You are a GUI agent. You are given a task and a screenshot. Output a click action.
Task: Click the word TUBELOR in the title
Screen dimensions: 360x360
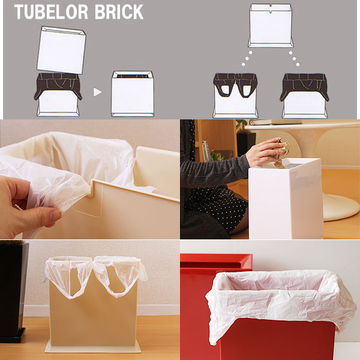click(51, 12)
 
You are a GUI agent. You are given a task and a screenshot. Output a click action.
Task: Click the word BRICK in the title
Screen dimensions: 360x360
click(119, 12)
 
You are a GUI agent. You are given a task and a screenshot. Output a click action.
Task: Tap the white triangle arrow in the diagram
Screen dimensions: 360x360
click(97, 92)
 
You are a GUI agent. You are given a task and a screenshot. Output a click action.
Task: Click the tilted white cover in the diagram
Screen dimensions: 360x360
click(61, 50)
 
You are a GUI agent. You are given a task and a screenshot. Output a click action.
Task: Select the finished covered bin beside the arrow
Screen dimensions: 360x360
click(133, 94)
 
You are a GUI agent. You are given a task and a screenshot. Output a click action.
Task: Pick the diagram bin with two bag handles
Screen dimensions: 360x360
click(235, 96)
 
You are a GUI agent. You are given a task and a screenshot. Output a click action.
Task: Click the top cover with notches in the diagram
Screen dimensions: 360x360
click(271, 25)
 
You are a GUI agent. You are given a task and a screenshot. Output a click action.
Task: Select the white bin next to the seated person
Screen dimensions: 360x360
click(286, 199)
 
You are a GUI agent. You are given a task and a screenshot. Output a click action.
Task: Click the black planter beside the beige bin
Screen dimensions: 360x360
click(13, 292)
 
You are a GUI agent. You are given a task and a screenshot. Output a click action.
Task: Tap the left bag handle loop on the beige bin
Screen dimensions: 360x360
click(69, 277)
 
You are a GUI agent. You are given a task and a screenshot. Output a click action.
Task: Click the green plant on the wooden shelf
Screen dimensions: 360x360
click(217, 157)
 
